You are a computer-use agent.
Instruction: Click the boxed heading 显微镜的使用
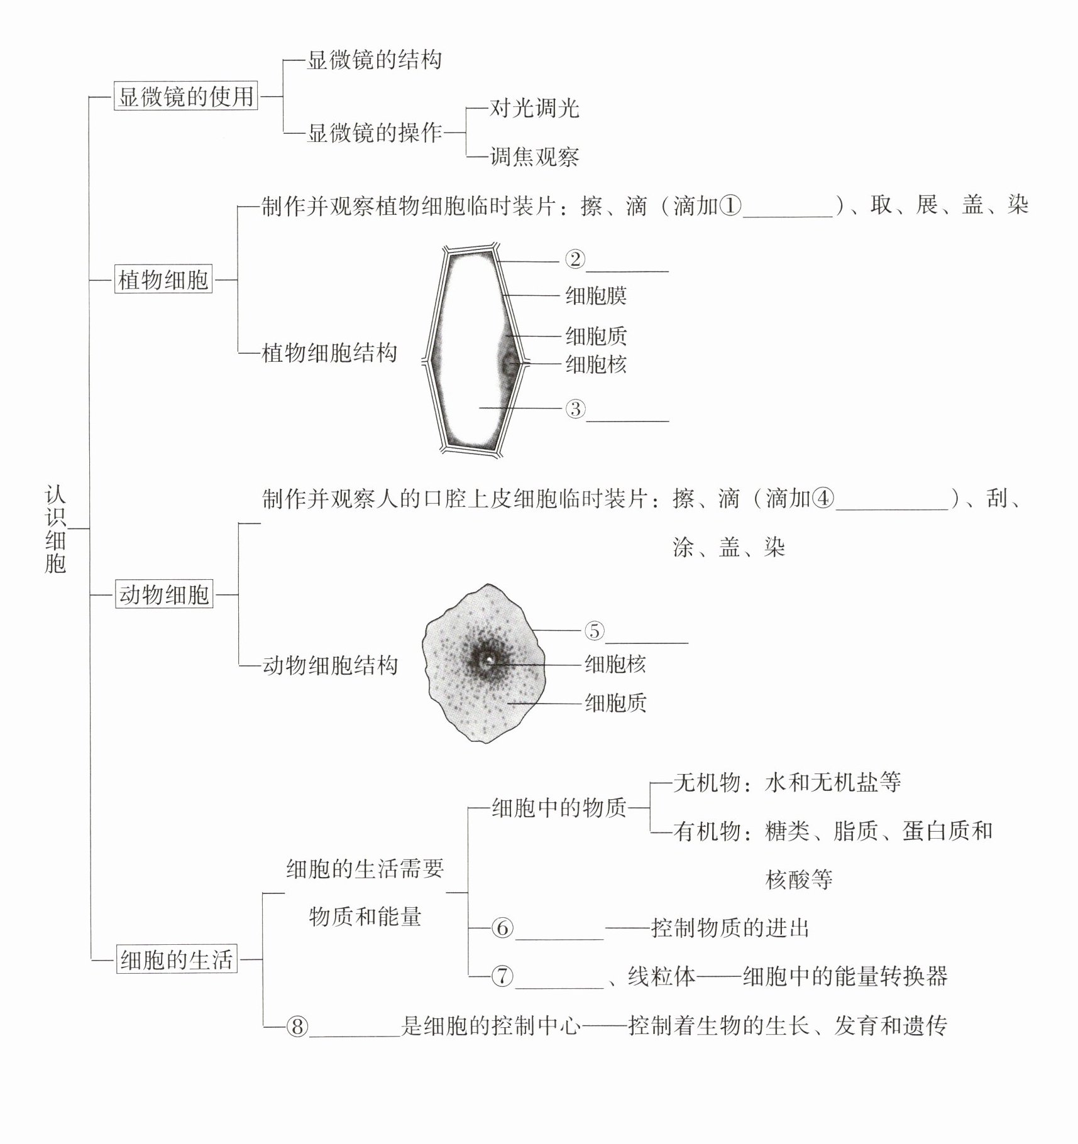click(185, 97)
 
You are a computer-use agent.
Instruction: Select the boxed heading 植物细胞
click(163, 280)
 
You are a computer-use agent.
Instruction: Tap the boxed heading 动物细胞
click(164, 594)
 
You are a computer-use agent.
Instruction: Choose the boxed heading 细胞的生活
click(177, 960)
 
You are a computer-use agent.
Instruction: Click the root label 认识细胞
click(55, 528)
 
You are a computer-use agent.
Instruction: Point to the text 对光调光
click(534, 109)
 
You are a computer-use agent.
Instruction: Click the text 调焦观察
click(534, 157)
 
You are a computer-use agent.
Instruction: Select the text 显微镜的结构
click(374, 60)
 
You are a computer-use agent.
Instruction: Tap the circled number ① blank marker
click(730, 205)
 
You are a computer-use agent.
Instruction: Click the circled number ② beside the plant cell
click(575, 259)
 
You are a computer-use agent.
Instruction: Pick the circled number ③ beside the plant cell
click(575, 409)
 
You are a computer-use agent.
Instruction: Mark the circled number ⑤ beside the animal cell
click(594, 630)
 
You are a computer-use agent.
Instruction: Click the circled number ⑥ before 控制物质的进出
click(502, 928)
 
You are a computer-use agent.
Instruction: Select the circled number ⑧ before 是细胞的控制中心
click(297, 1027)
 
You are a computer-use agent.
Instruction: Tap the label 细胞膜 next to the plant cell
click(596, 295)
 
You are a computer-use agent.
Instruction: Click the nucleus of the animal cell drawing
click(488, 660)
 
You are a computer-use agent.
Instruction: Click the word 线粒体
click(661, 976)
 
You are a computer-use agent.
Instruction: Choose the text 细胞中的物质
click(559, 807)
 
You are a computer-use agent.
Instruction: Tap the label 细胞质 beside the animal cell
click(615, 703)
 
